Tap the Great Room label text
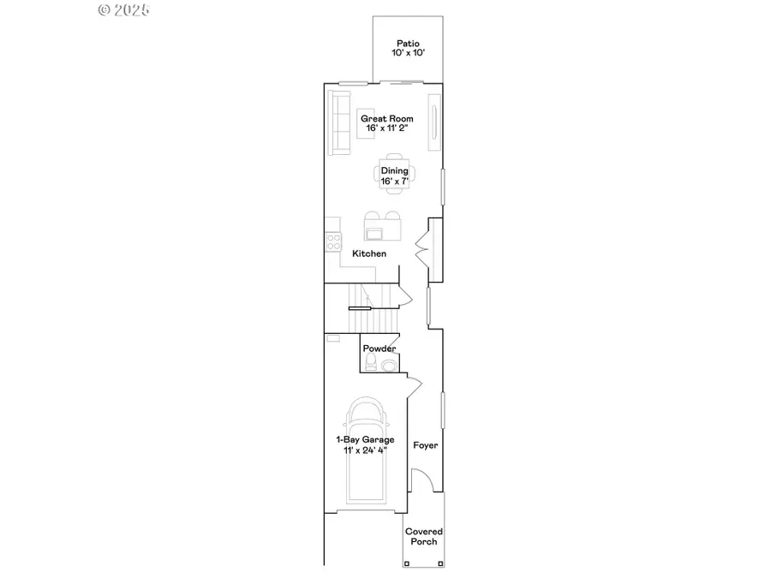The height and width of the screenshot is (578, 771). (386, 118)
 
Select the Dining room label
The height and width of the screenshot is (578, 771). (394, 170)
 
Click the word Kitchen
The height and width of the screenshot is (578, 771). (369, 253)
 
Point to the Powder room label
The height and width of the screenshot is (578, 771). (380, 349)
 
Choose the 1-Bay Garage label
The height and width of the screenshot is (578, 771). (364, 439)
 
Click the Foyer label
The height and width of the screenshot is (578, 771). (426, 445)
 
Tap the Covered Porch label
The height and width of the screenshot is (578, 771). (424, 536)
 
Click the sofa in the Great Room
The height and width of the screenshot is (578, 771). (340, 124)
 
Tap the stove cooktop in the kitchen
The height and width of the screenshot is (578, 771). (333, 241)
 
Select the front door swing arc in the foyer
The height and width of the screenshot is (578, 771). (421, 480)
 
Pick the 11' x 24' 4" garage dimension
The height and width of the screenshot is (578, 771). (364, 450)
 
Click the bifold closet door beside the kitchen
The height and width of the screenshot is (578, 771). (421, 248)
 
